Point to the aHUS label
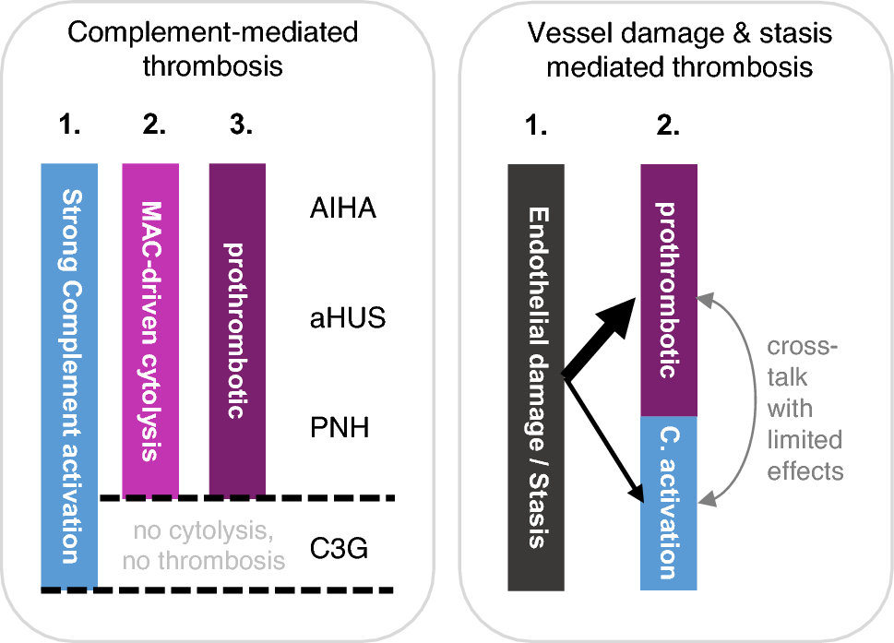[x=348, y=320]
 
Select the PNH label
[x=341, y=430]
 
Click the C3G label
[x=340, y=551]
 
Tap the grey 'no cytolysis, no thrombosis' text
[x=204, y=545]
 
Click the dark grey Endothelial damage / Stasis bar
[x=535, y=377]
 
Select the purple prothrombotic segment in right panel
[x=669, y=291]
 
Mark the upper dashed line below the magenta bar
[x=247, y=498]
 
